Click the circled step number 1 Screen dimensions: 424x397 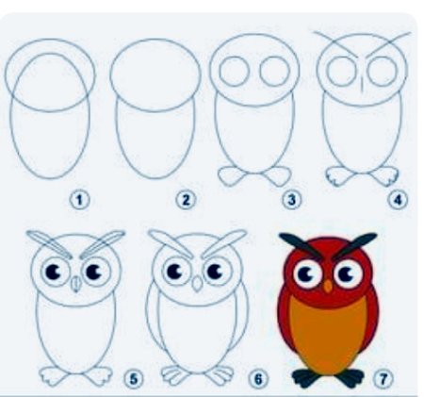(79, 200)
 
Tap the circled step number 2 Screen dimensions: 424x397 (186, 200)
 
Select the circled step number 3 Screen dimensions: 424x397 (292, 200)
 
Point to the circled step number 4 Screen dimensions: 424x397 (398, 200)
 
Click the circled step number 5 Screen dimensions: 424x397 (134, 379)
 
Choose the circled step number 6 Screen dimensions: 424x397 (258, 379)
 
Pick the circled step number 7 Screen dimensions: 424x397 (383, 379)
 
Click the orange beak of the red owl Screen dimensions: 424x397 (328, 286)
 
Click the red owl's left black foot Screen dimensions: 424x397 (306, 376)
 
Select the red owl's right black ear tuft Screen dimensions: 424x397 (355, 245)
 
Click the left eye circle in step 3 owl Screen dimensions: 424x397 (234, 72)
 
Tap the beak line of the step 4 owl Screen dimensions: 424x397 (362, 84)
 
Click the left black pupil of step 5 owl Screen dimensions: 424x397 (53, 272)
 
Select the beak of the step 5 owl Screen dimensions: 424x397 (75, 284)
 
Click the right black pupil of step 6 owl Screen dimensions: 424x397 (216, 271)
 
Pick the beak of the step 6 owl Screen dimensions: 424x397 (197, 283)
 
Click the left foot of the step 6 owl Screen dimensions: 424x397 (175, 375)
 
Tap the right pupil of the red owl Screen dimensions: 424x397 (347, 274)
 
